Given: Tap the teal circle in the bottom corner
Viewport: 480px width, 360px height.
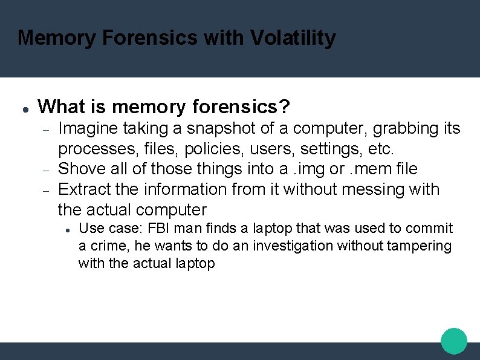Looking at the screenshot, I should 454,341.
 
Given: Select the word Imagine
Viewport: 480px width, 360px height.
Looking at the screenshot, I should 88,129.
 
